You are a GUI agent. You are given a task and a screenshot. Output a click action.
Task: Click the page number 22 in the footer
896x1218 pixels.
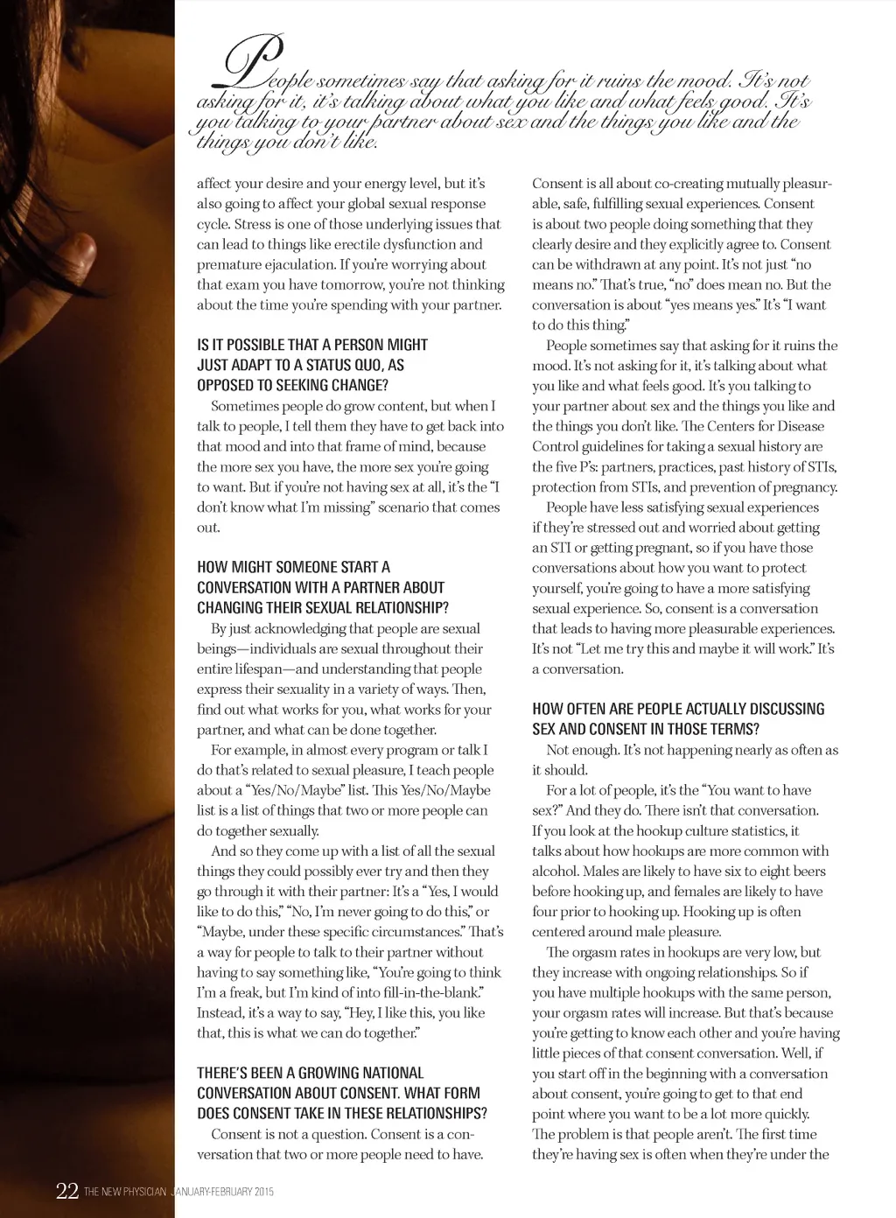(66, 1191)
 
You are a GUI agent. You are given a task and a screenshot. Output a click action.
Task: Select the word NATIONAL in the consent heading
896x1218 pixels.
(382, 1073)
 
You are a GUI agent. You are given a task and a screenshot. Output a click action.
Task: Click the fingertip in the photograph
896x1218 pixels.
(86, 249)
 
